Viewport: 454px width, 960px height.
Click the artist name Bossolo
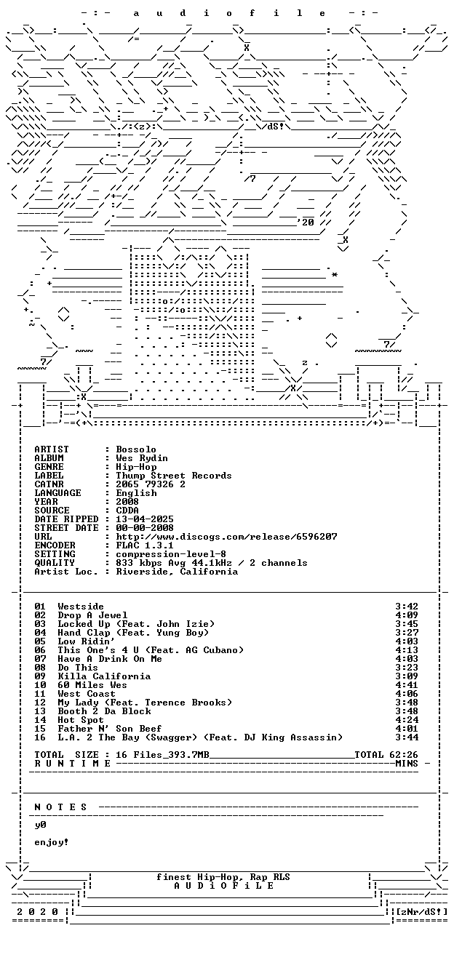pos(136,449)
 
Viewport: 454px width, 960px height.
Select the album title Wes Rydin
pos(142,458)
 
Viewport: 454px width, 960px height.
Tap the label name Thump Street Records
pos(174,476)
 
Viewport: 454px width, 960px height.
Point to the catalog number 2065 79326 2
pos(151,484)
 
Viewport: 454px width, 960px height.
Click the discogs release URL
pos(226,537)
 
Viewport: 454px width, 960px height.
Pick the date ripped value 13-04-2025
pos(145,519)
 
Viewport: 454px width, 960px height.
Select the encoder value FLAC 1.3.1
pos(145,545)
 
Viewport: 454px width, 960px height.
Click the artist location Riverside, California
pos(177,572)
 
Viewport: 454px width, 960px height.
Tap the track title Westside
pos(81,607)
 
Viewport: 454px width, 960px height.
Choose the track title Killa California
pos(104,676)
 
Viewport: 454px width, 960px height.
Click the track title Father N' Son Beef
pos(110,729)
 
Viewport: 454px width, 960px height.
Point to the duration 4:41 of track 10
pos(407,685)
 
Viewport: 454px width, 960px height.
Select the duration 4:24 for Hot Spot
pos(407,721)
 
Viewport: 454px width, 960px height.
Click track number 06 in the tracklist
pos(40,651)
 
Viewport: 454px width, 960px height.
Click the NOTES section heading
pos(60,807)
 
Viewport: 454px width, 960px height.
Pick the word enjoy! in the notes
pos(52,843)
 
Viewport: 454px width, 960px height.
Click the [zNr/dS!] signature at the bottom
pos(422,912)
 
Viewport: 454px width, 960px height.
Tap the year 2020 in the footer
pos(37,912)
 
